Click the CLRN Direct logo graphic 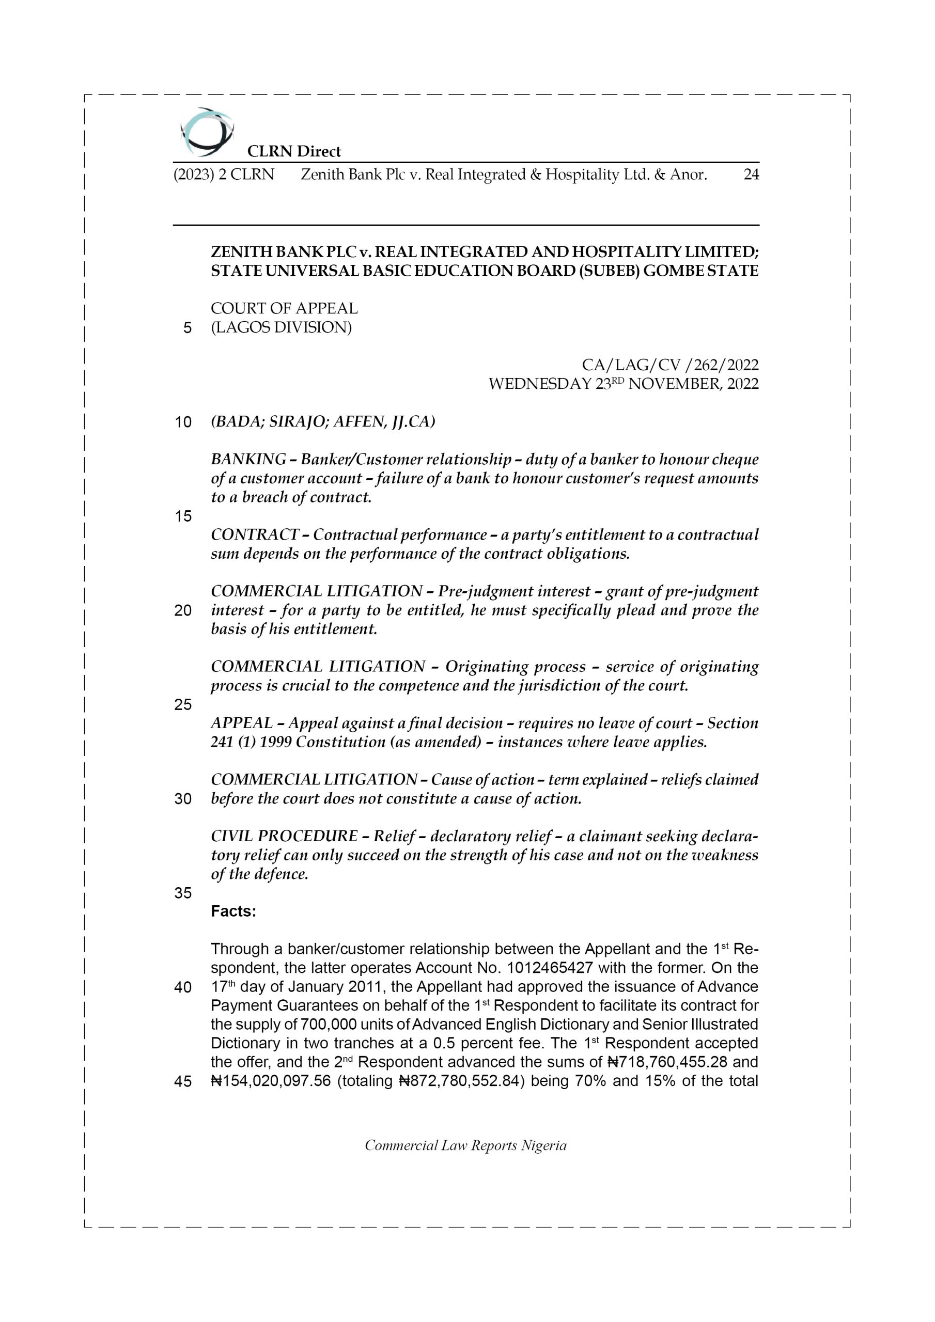tap(206, 132)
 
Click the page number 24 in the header tap(751, 175)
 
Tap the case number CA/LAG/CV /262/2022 tap(670, 365)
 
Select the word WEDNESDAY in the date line tap(540, 384)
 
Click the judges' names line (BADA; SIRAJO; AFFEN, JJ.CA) tap(323, 422)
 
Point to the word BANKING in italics tap(248, 460)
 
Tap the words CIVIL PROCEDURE tap(284, 836)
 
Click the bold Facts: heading tap(233, 911)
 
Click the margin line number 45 tap(183, 1082)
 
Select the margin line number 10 tap(183, 422)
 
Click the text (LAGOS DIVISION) tap(281, 327)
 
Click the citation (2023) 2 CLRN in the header tap(224, 175)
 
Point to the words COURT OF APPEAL tap(284, 309)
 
